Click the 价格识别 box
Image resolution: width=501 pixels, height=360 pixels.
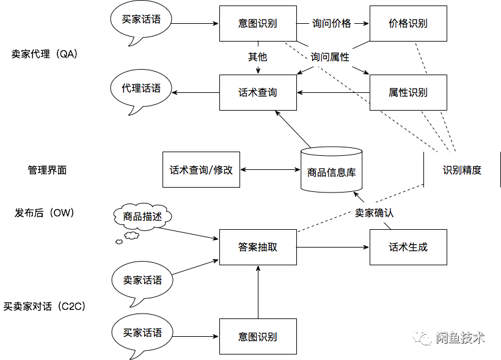pos(408,24)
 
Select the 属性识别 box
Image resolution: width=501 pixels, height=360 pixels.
pos(408,93)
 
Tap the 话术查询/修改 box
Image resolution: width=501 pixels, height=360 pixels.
pos(201,170)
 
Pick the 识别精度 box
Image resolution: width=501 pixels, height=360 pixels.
pos(462,170)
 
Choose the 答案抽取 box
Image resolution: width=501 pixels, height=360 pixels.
pos(258,248)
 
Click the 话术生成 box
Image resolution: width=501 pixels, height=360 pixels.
pos(408,248)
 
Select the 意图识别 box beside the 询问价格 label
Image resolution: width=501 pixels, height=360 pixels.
pos(258,24)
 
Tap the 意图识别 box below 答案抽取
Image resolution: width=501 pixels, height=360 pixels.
pos(258,337)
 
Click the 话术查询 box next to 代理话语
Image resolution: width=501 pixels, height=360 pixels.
pos(258,93)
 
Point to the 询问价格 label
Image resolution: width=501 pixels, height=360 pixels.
pos(332,24)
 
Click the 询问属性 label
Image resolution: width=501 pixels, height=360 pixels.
pos(330,57)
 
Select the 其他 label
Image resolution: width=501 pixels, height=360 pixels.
pos(257,57)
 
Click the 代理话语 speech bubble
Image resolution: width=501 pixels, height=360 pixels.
pos(141,89)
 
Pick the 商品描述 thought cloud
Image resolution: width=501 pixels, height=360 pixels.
pos(142,216)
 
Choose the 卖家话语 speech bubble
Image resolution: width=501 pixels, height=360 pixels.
pos(142,281)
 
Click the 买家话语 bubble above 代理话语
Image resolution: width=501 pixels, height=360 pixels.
pos(141,20)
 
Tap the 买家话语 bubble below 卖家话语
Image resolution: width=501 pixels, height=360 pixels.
pos(142,333)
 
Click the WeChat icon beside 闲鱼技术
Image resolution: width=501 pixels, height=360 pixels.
pos(421,337)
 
